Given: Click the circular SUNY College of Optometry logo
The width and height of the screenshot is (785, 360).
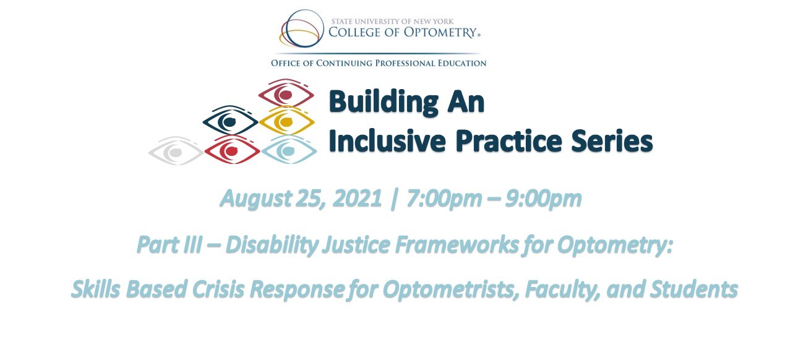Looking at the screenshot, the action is [301, 28].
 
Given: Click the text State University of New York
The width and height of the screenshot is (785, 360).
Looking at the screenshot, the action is [392, 22].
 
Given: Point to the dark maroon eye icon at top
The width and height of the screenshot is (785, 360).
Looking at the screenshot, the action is [286, 93].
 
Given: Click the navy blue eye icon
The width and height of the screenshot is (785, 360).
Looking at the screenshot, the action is [230, 121].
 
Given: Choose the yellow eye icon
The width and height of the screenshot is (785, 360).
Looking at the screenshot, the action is [286, 121].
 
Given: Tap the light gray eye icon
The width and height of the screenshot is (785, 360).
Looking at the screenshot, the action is [176, 152].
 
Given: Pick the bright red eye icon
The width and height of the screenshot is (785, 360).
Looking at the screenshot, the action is [233, 150].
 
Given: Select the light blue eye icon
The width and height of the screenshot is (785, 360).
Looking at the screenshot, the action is [289, 150].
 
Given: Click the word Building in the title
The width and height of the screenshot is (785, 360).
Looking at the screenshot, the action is [384, 103].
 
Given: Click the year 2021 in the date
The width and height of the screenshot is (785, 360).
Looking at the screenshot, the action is [357, 199].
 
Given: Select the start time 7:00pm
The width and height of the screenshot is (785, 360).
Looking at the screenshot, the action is [444, 199].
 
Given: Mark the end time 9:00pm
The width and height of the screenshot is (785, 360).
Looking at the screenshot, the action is [544, 199].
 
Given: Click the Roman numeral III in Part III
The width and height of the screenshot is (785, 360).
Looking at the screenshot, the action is [192, 245].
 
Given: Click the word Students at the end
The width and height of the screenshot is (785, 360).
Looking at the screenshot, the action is [694, 289].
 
